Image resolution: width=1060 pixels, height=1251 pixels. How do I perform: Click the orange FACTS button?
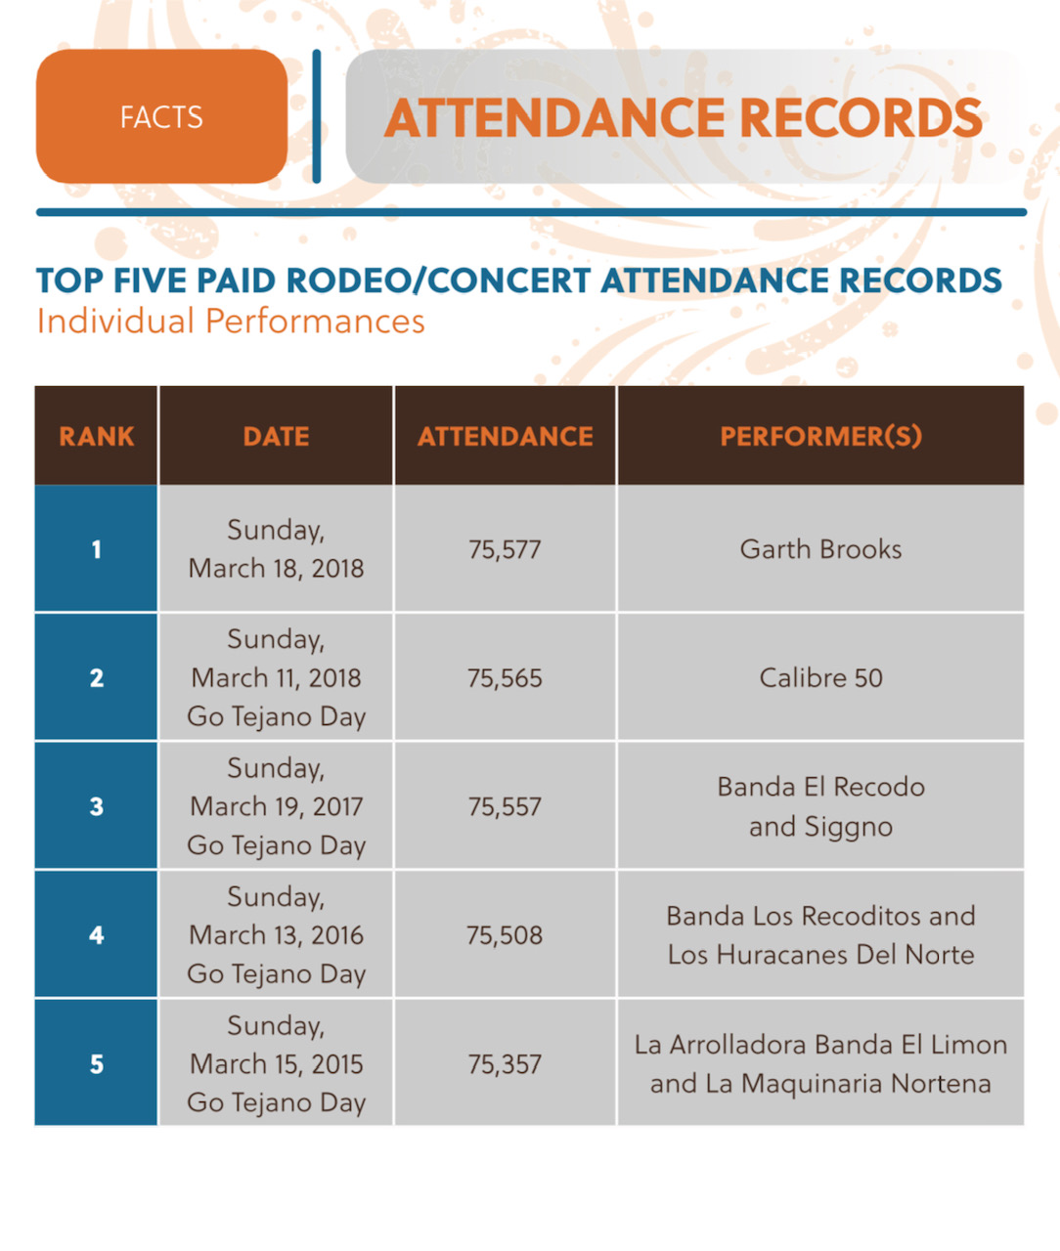[161, 117]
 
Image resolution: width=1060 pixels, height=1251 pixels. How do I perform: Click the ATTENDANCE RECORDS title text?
[683, 118]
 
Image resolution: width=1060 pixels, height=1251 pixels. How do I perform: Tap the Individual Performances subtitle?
[231, 322]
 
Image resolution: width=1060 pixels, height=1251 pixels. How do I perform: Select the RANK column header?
[96, 436]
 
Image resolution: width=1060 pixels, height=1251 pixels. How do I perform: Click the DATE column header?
[276, 436]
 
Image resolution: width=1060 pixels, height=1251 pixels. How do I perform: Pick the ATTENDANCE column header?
[505, 436]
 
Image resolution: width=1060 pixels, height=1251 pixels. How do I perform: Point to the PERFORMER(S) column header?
[820, 436]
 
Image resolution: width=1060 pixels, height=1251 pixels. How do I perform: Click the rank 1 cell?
[96, 549]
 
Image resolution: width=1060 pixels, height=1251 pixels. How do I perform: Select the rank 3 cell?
[96, 806]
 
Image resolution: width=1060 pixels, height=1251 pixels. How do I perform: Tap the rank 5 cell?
[96, 1063]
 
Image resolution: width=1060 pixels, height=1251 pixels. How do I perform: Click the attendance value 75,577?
[505, 549]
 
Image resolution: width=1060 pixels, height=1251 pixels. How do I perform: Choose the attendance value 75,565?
[505, 678]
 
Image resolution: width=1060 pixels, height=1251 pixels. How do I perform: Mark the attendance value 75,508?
[505, 935]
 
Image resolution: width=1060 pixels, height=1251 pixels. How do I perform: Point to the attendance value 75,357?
[505, 1064]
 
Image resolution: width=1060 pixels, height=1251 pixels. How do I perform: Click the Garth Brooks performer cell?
[820, 549]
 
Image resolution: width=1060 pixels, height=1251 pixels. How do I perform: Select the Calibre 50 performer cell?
[820, 678]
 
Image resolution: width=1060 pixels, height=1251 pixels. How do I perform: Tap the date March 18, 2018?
[276, 568]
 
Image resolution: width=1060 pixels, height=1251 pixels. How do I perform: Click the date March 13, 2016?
[276, 935]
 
